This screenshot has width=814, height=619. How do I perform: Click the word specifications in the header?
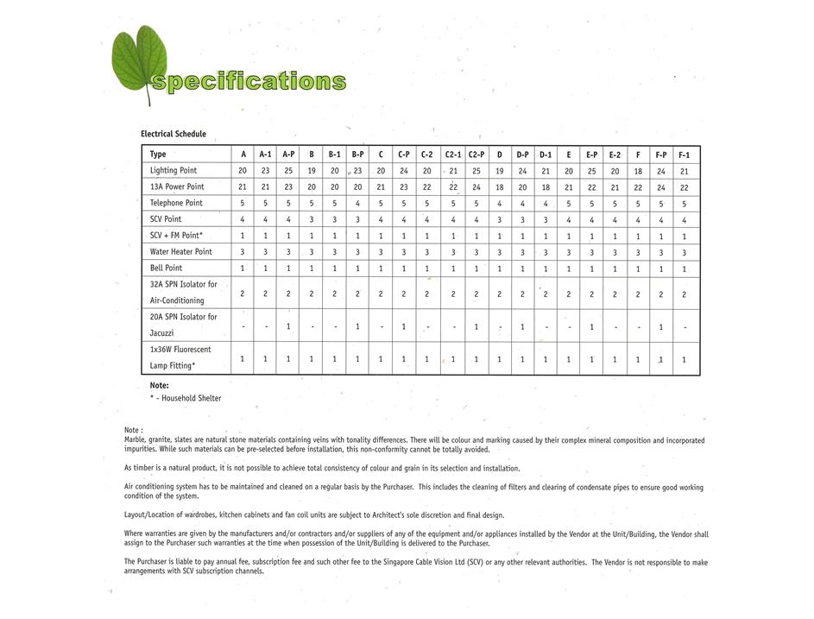[249, 82]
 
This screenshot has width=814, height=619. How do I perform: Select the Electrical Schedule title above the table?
[174, 134]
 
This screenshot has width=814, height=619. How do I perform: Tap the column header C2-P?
[476, 155]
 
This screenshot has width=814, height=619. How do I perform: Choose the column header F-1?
[685, 155]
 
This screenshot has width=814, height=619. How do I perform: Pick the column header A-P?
[288, 155]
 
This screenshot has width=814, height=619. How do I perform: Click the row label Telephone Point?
[176, 203]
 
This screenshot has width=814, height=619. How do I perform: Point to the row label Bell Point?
[166, 268]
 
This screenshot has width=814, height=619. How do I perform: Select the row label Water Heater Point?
[180, 252]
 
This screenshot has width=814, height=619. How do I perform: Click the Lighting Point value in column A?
[243, 171]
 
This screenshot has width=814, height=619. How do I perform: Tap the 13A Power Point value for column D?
[500, 187]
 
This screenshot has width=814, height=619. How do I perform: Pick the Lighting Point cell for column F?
[638, 171]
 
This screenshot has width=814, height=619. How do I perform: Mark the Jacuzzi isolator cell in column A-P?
[288, 326]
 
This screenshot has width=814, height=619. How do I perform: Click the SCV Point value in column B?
[312, 219]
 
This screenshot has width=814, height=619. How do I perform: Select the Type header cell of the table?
[158, 155]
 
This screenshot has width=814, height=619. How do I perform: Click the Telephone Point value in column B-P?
[357, 204]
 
